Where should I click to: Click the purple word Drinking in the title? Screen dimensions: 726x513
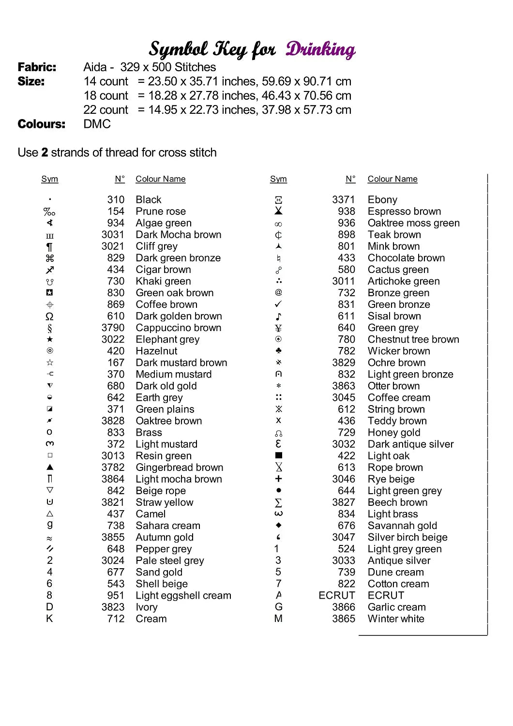[320, 49]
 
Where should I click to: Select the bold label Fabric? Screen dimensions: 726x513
[37, 67]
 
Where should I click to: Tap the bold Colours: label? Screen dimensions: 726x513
[41, 124]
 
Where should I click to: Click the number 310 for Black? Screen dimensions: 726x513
[116, 200]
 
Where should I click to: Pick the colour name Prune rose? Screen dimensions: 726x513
[161, 212]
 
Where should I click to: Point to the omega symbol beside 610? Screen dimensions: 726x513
[49, 317]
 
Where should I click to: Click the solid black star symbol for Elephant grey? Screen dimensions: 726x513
[49, 339]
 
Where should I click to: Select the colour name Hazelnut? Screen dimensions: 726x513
[156, 351]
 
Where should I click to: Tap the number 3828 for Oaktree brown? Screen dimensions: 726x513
[113, 421]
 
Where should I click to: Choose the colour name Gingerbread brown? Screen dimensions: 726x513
[180, 468]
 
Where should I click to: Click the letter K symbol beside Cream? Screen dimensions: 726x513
[49, 619]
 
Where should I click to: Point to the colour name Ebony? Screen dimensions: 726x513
[382, 200]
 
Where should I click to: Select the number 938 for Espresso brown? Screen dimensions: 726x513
[347, 212]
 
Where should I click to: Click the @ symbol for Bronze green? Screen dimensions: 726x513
[278, 292]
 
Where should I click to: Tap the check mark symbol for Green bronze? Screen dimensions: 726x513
[278, 304]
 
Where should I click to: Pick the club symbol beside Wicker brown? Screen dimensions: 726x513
[278, 351]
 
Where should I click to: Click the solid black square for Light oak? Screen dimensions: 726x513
[278, 455]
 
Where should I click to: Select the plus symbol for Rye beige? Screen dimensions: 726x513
[278, 479]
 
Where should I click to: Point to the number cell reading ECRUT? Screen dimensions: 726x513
[337, 595]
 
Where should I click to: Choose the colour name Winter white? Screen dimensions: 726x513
[396, 619]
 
